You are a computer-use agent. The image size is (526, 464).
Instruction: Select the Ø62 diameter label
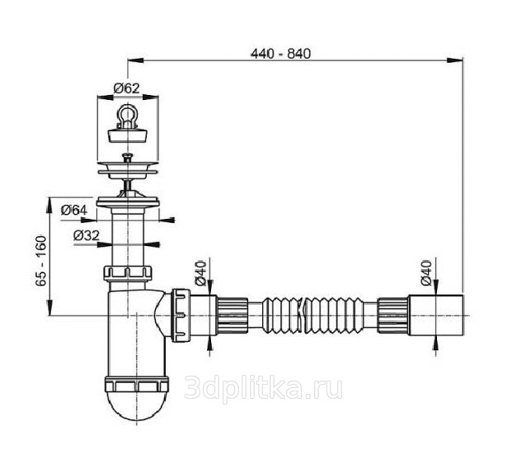[x=124, y=88]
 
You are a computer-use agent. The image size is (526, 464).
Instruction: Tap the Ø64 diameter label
[x=75, y=211]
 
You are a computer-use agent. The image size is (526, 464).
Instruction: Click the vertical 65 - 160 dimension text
[x=40, y=261]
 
